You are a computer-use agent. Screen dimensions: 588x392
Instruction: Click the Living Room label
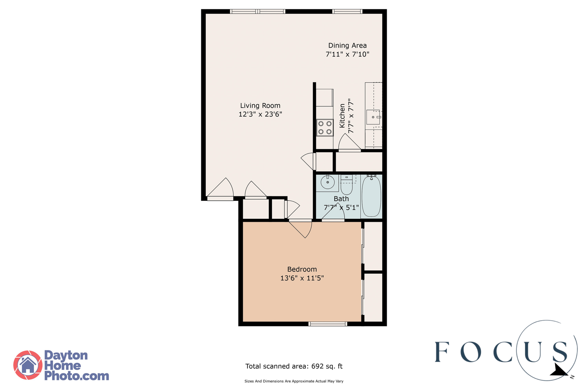click(260, 106)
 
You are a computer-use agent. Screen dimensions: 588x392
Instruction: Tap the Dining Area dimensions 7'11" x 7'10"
click(347, 54)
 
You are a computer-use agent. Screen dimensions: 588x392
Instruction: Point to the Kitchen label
click(342, 116)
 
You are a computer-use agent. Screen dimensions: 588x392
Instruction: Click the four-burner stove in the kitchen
click(325, 128)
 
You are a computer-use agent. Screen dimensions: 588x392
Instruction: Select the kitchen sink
click(373, 117)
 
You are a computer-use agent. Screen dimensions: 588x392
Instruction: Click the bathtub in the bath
click(371, 196)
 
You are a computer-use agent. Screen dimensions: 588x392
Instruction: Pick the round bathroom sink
click(328, 182)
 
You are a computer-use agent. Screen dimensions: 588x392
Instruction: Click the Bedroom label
click(302, 269)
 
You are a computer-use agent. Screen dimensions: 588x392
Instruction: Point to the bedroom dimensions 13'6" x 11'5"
click(302, 278)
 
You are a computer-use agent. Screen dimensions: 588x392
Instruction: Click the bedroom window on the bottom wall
click(328, 324)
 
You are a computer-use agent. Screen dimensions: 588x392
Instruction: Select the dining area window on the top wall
click(347, 11)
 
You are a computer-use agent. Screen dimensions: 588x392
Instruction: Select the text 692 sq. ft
click(327, 366)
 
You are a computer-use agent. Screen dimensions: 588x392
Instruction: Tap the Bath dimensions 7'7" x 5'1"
click(341, 208)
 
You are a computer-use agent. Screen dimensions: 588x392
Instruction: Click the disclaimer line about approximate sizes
click(294, 381)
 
